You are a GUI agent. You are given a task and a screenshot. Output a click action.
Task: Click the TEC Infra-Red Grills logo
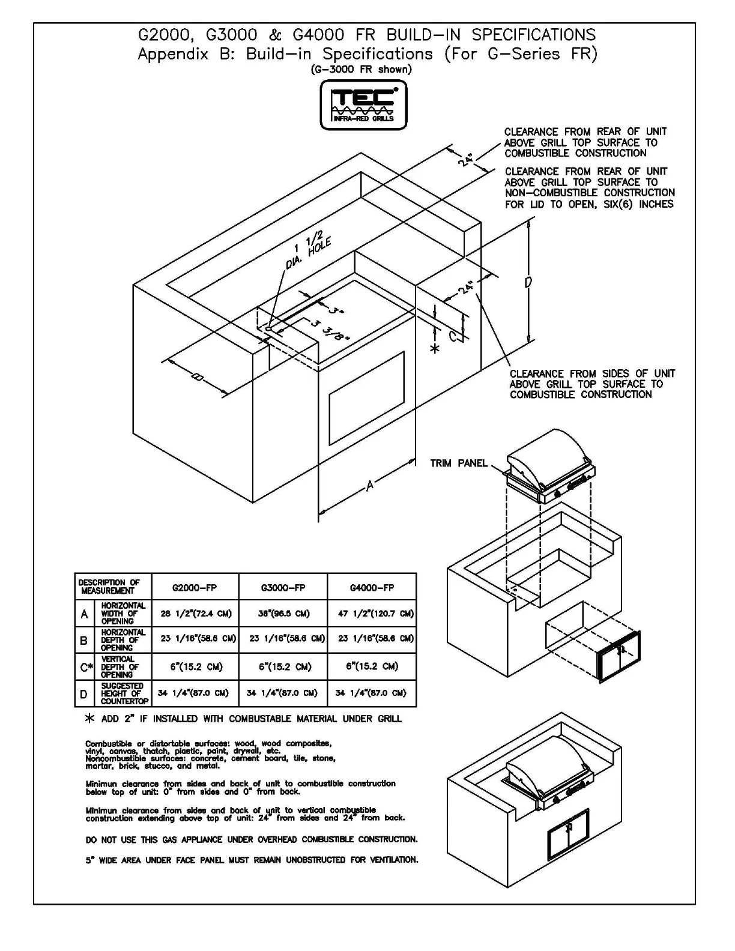(x=363, y=106)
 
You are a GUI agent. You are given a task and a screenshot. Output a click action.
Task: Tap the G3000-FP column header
(x=283, y=587)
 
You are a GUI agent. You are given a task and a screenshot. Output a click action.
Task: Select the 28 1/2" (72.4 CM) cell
(x=196, y=614)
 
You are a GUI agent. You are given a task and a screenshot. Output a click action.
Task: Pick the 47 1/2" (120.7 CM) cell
(x=372, y=614)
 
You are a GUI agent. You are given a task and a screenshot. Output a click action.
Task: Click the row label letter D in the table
(x=84, y=694)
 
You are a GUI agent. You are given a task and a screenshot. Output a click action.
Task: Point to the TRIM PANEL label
(x=459, y=463)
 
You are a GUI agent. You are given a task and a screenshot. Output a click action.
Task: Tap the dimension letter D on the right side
(x=527, y=282)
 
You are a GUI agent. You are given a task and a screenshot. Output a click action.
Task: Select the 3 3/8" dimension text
(x=331, y=330)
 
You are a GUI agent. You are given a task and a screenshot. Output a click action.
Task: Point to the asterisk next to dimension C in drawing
(x=435, y=348)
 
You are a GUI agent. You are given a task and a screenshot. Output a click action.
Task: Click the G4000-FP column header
(x=372, y=587)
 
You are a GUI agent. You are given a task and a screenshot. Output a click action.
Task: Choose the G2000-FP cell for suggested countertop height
(x=193, y=693)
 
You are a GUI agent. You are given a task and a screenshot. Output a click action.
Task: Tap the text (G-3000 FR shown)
(x=361, y=69)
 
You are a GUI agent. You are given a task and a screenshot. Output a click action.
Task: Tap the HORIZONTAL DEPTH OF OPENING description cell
(x=122, y=640)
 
